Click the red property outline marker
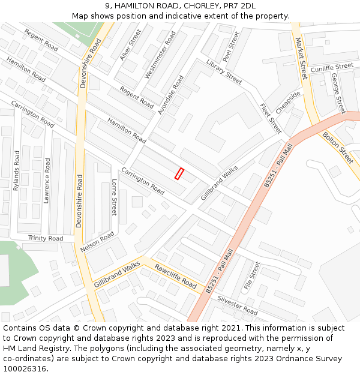179,173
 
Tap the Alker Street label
131,44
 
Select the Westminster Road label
160,56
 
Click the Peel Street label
230,47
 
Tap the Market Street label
301,58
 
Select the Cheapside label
288,102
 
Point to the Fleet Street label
270,118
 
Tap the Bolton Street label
338,148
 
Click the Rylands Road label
17,170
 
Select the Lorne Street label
114,197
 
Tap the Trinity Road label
46,238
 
